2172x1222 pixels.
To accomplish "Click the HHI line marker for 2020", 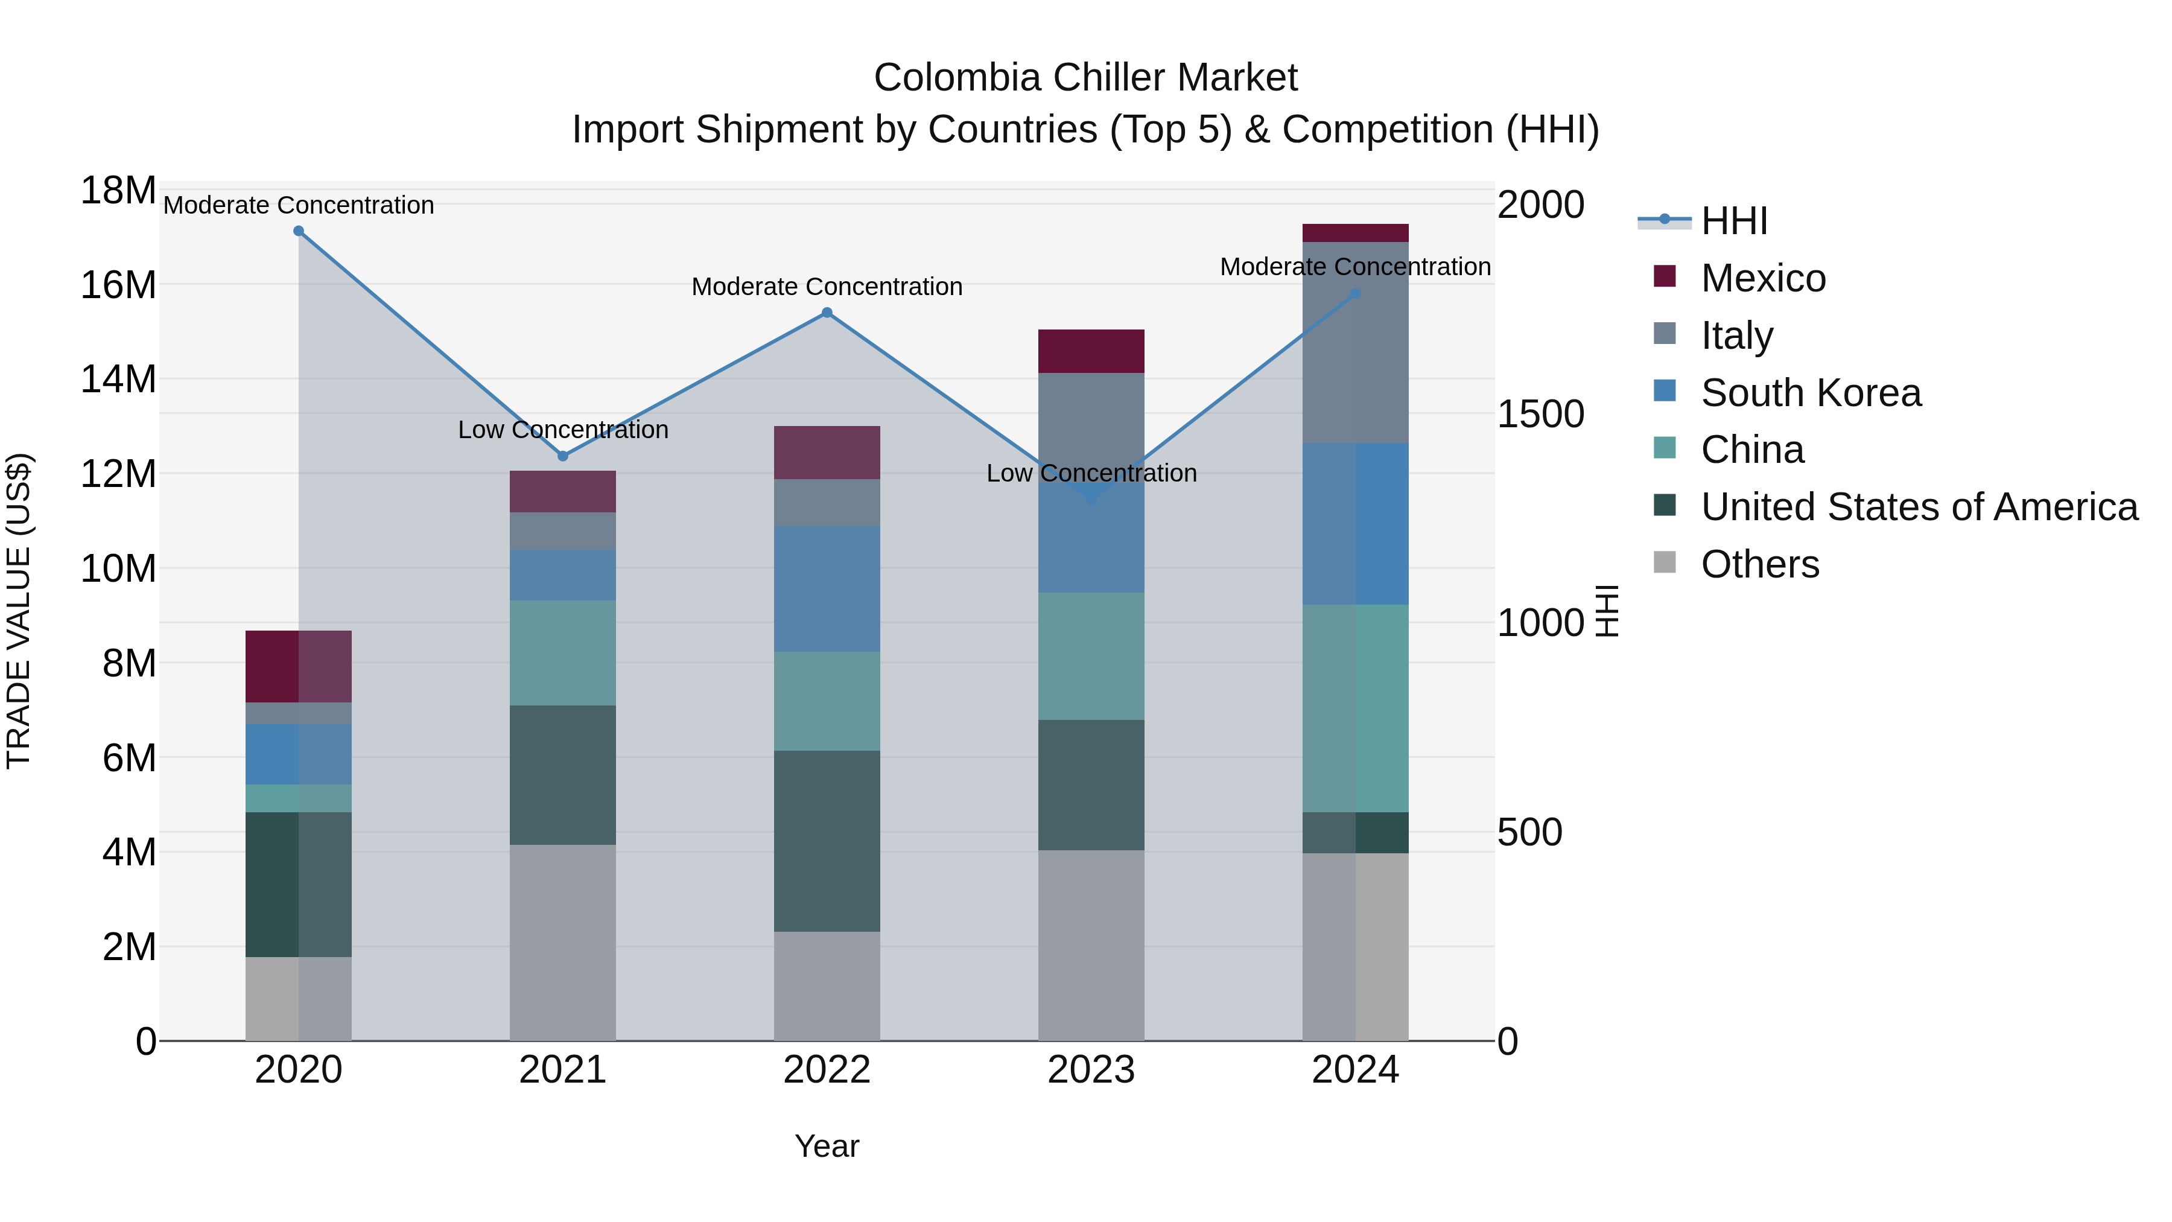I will click(x=299, y=231).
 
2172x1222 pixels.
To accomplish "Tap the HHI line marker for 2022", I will click(x=827, y=313).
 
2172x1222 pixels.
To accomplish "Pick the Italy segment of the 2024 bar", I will click(x=1355, y=342).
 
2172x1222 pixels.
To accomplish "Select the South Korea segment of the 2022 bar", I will click(x=827, y=588).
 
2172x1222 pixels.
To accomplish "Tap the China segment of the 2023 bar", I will click(x=1091, y=656).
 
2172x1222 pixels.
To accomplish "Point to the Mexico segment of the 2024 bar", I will click(x=1355, y=233).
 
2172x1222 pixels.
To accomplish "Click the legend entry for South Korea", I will click(x=1810, y=393).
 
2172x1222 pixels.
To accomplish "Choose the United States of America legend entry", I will click(x=1918, y=507).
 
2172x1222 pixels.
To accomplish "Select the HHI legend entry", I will click(x=1733, y=221).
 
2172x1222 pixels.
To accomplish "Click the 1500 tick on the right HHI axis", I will click(x=1540, y=414).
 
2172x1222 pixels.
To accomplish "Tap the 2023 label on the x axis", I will click(x=1091, y=1070).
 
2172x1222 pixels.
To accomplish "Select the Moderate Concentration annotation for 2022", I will click(x=827, y=287).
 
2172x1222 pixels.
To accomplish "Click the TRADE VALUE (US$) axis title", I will click(x=19, y=611).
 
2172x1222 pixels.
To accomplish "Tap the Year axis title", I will click(x=827, y=1146).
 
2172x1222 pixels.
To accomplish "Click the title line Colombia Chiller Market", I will click(x=1085, y=78).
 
